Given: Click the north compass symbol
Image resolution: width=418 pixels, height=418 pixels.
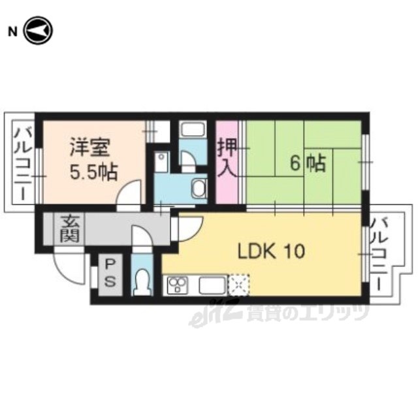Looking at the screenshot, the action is (x=39, y=31).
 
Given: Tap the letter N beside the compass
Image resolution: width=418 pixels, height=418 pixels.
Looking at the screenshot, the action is (x=12, y=32).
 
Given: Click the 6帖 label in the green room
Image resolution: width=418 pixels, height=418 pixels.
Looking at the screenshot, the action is (x=308, y=163).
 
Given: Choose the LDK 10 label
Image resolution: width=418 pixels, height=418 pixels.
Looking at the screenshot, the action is (x=271, y=251).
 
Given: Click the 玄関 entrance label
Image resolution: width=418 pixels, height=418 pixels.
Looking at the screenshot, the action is (x=70, y=229).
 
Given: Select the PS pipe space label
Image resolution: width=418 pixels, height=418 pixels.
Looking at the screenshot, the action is (x=110, y=273).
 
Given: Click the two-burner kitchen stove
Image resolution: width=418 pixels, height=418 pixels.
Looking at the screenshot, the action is (x=177, y=285).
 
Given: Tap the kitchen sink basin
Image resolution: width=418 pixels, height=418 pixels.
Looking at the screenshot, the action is (x=212, y=285).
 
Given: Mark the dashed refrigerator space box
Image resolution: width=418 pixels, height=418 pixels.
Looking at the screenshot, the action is (x=239, y=285).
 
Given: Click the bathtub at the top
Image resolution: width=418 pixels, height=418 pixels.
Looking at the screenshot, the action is (x=193, y=129).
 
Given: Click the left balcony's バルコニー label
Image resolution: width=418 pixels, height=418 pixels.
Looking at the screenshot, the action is (x=23, y=163).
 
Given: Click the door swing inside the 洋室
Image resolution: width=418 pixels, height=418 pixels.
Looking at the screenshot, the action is (x=129, y=192).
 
